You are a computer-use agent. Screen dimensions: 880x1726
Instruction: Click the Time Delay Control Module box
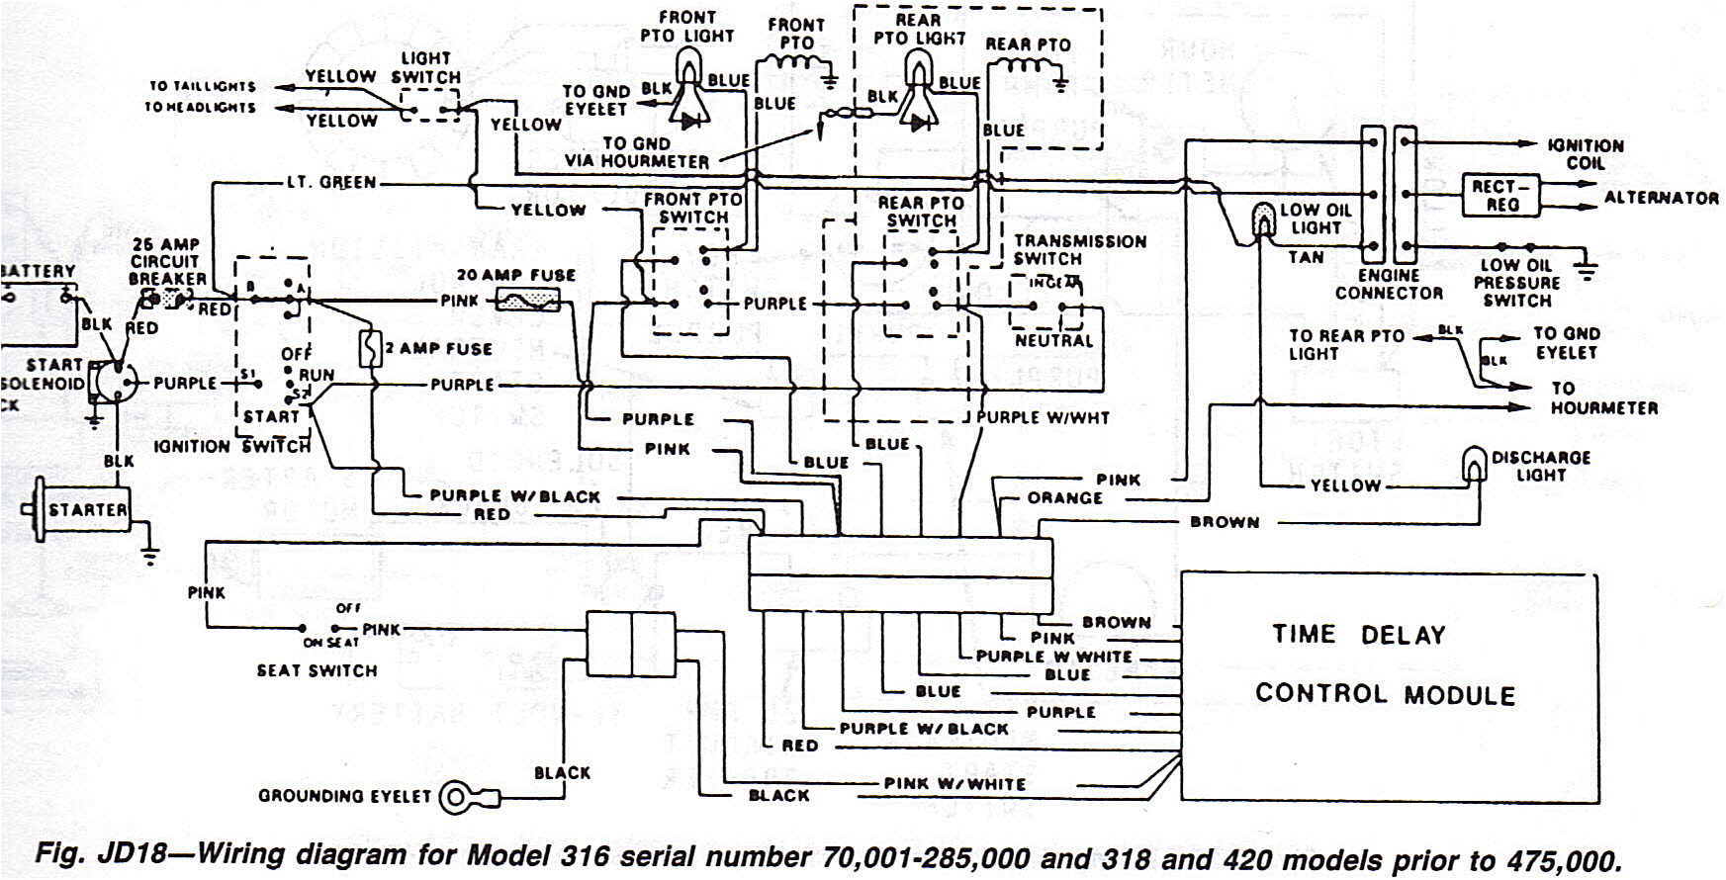pos(1389,686)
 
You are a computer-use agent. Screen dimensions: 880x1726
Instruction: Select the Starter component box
pos(87,509)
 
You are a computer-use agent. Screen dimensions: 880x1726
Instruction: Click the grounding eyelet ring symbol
pos(457,796)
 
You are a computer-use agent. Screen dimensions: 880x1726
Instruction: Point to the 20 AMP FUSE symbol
pos(526,300)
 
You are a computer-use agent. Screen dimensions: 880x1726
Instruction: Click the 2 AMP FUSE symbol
pos(370,349)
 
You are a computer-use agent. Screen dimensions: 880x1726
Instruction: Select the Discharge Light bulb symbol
pos(1474,464)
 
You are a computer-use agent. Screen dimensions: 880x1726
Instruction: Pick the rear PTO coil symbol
pos(1025,67)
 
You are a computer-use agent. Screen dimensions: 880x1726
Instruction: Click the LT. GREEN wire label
pos(330,183)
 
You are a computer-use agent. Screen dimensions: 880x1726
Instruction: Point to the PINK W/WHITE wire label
pos(954,783)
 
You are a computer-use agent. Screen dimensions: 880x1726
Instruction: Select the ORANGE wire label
pos(1064,498)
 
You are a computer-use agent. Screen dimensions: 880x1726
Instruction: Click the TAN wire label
pos(1305,257)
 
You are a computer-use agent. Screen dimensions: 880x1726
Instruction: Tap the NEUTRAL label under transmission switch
pos(1053,341)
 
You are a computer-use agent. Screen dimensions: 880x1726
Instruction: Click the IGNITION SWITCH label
pos(232,447)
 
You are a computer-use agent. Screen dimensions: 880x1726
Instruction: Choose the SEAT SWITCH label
pos(317,670)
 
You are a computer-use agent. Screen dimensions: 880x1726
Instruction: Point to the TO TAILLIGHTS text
pos(203,86)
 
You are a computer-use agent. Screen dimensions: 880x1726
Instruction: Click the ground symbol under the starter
pos(149,556)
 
